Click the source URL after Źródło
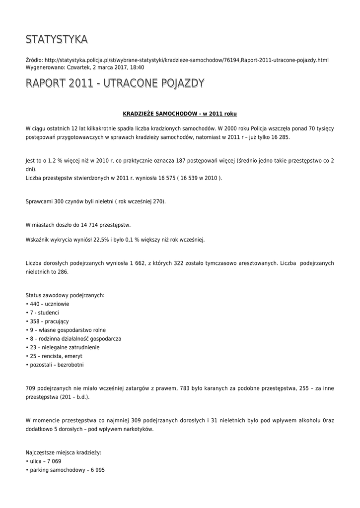(x=186, y=60)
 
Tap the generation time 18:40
(x=137, y=67)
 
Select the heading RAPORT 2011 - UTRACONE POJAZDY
(x=115, y=83)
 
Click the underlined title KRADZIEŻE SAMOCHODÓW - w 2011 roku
(x=180, y=114)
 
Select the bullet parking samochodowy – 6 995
(x=65, y=470)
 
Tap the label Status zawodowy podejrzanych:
(x=65, y=295)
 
